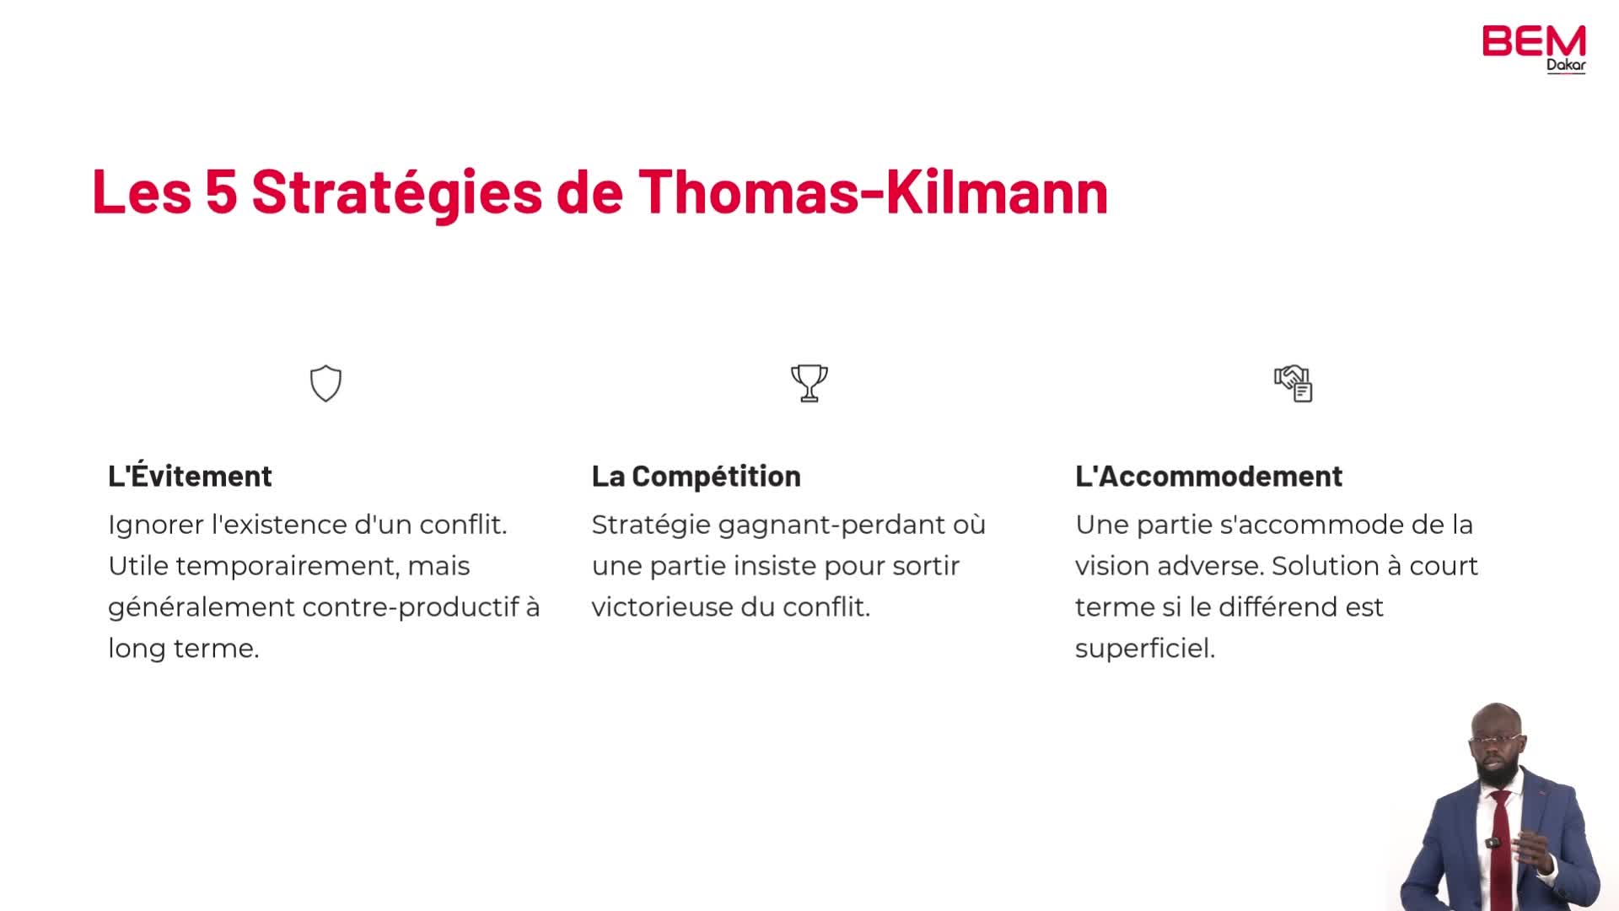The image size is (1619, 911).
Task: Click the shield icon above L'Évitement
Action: [x=325, y=384]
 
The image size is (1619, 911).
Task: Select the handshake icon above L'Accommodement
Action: [x=1293, y=384]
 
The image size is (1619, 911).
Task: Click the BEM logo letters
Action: [x=1534, y=41]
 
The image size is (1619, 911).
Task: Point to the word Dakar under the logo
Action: [x=1566, y=65]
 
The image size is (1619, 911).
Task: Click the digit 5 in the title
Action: [x=221, y=191]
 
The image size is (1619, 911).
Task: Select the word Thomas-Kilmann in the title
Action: [x=873, y=191]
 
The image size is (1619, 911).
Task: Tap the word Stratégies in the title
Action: [x=396, y=192]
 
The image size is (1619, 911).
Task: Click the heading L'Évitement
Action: [x=190, y=476]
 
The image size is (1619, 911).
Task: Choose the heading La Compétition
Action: [x=696, y=477]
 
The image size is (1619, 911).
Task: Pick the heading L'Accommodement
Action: [x=1208, y=476]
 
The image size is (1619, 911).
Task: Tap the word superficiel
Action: [x=1145, y=649]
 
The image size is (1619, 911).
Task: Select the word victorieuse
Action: [x=662, y=607]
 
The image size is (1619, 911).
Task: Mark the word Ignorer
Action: [x=155, y=526]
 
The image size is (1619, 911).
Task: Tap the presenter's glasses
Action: [x=1496, y=740]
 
